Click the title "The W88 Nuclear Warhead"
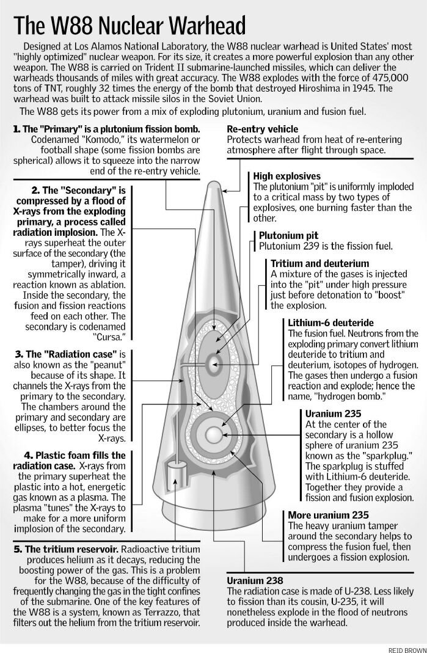[x=130, y=26]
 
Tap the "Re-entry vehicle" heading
[x=263, y=129]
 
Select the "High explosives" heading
[x=287, y=176]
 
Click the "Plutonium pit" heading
[x=289, y=236]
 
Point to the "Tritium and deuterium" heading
[x=320, y=264]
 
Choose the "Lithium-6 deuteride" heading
[x=330, y=323]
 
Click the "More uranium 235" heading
[x=328, y=515]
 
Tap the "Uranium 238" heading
[x=255, y=580]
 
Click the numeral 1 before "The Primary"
[x=16, y=129]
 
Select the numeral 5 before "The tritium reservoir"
[x=17, y=549]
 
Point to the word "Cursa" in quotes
[x=108, y=337]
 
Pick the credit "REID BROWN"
[x=407, y=650]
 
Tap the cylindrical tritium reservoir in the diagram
[x=176, y=477]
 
